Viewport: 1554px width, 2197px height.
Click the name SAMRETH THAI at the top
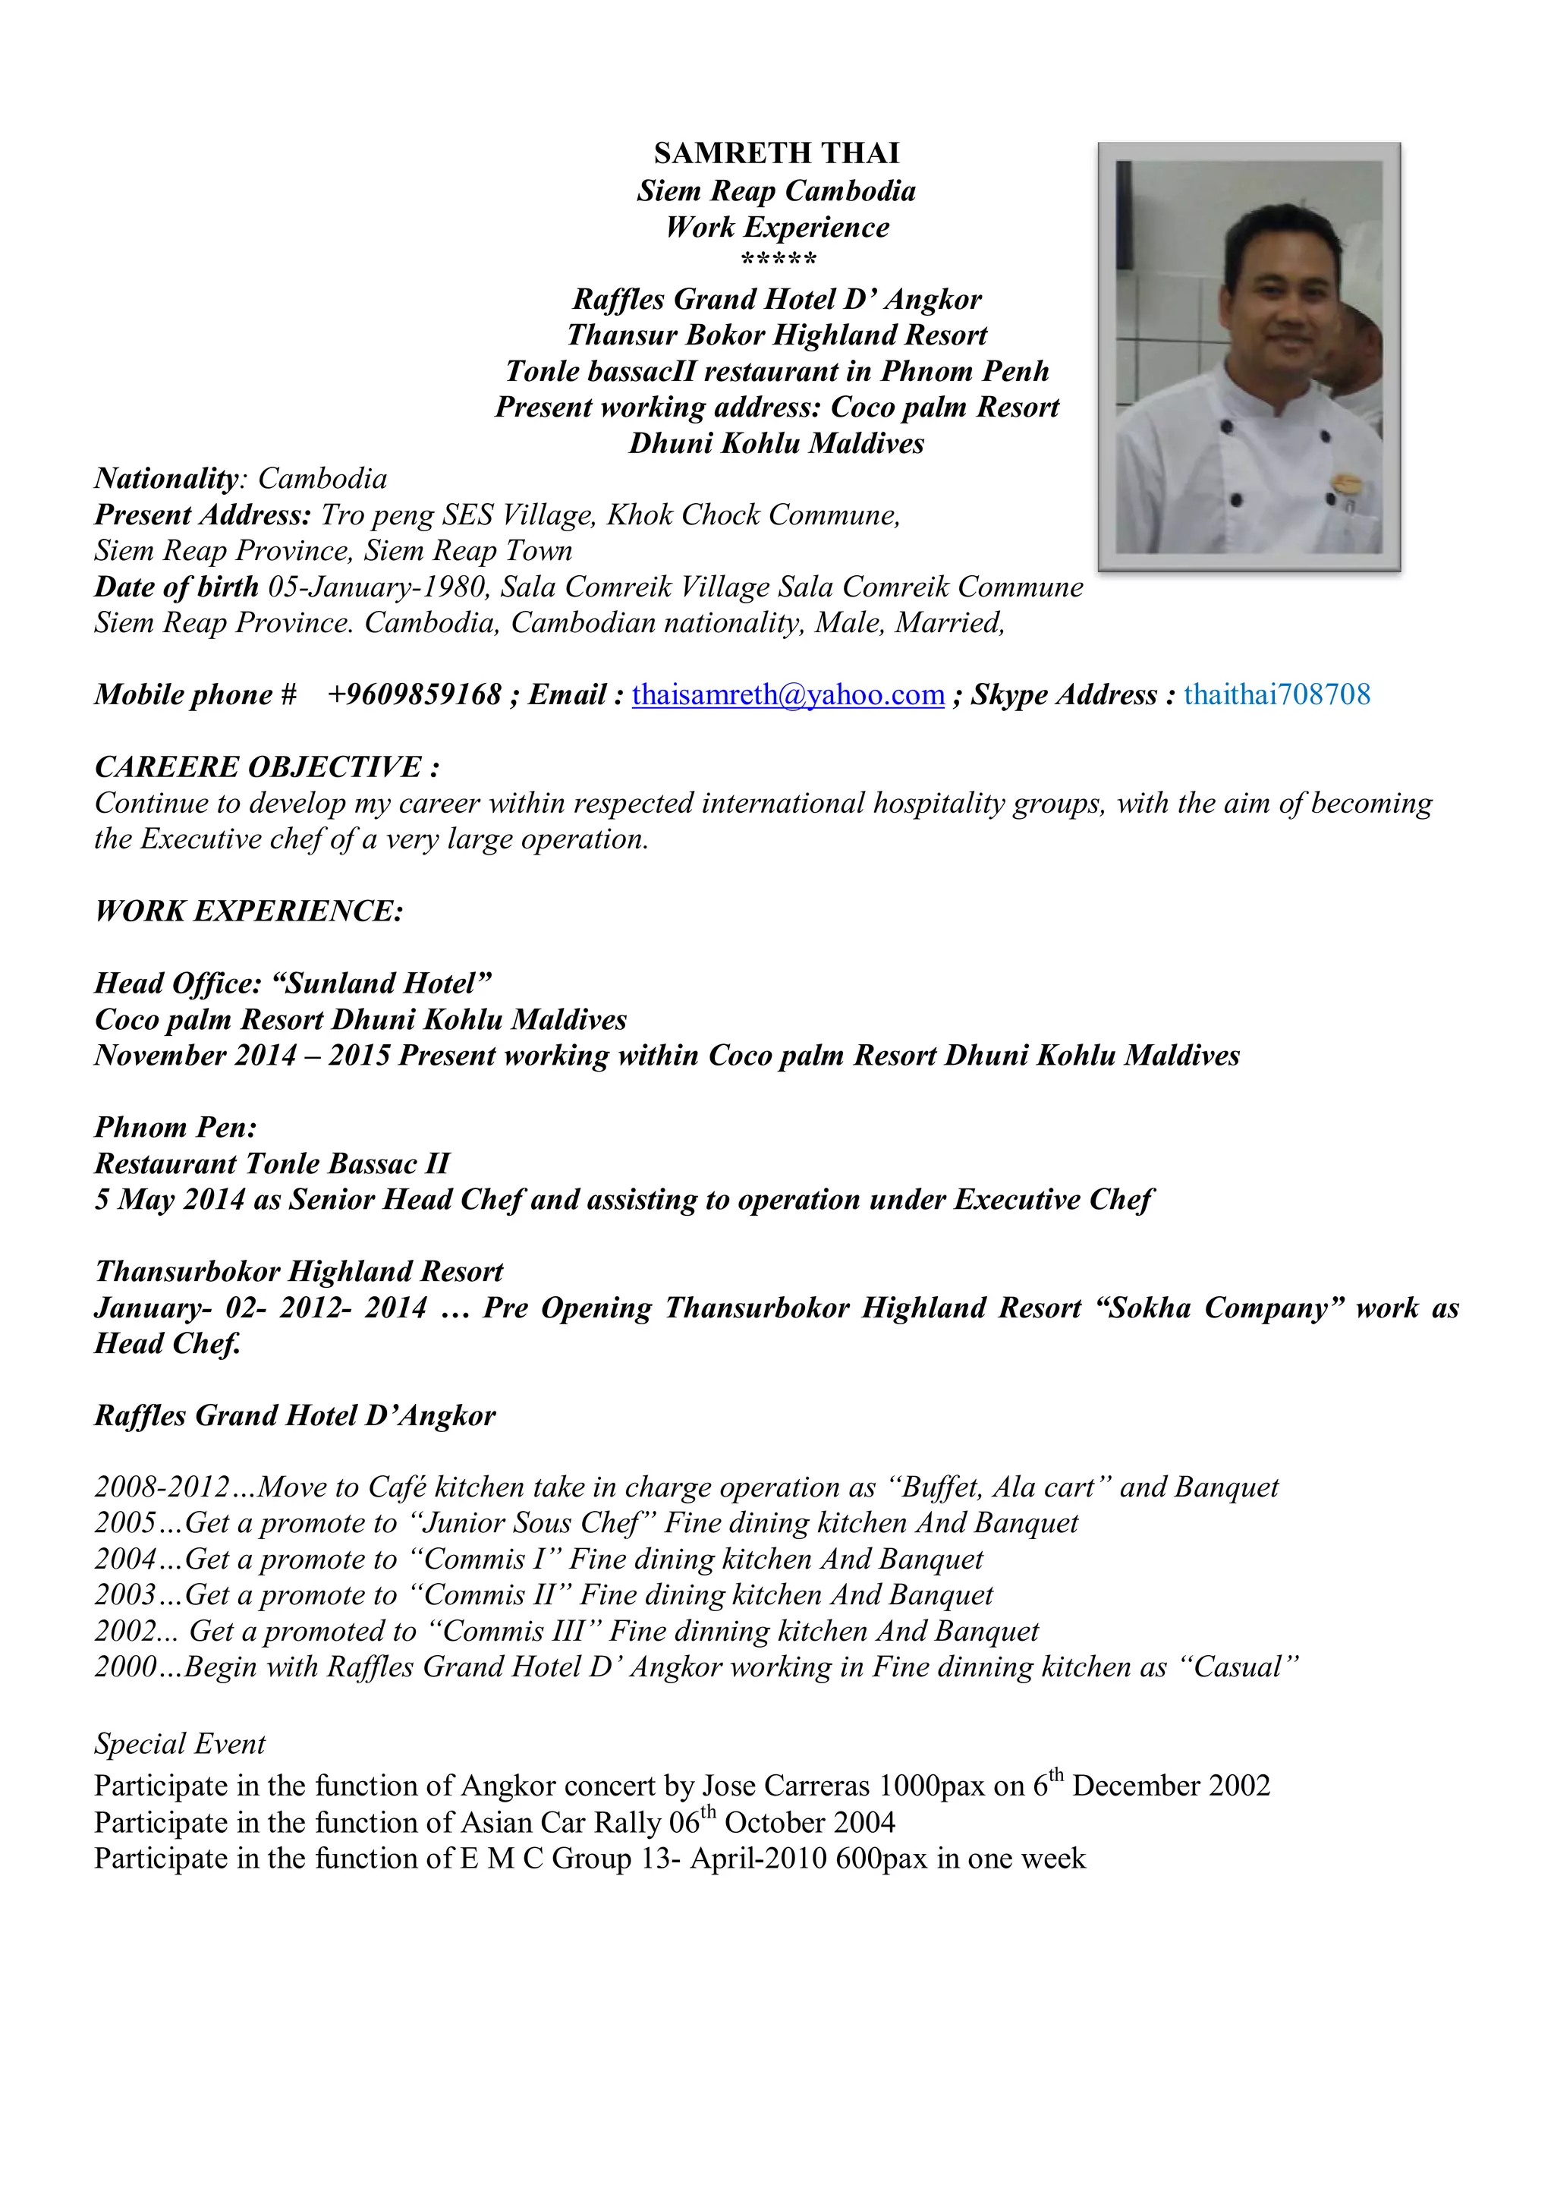[776, 153]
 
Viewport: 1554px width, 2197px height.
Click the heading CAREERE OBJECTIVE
[267, 767]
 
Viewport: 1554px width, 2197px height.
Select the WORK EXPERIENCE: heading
[249, 911]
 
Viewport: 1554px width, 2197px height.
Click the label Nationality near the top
[165, 478]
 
